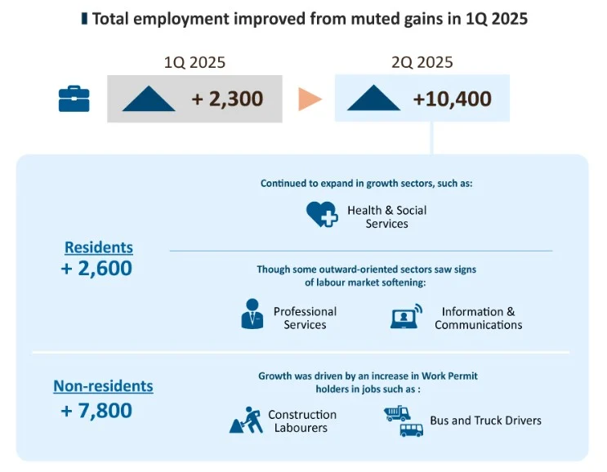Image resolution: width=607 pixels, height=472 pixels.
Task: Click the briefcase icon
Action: (x=74, y=99)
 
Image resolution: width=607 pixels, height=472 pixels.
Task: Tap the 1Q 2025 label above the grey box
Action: (x=194, y=62)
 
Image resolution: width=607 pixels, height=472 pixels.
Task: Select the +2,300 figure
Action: (x=227, y=100)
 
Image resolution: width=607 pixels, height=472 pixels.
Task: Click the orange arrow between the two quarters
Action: (x=309, y=99)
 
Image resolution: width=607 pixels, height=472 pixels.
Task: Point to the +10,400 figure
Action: (x=452, y=100)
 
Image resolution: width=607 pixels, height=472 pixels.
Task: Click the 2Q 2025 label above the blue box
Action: (x=422, y=62)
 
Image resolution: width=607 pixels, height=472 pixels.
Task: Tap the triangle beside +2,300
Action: (x=149, y=99)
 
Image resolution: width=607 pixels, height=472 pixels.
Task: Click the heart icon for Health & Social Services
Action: (x=322, y=215)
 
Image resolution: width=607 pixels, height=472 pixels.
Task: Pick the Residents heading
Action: (x=98, y=247)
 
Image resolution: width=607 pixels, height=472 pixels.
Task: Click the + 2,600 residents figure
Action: (x=96, y=268)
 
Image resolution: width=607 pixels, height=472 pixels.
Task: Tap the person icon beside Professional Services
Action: (x=252, y=314)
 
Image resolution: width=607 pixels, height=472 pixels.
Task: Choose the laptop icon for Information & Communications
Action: (x=406, y=317)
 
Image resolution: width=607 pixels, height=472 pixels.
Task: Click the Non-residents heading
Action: (x=103, y=386)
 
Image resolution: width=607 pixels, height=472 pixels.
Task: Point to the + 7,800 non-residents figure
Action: (x=96, y=410)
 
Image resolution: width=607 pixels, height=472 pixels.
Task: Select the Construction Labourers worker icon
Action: (x=246, y=421)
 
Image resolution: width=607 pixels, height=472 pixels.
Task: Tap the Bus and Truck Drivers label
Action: (x=485, y=421)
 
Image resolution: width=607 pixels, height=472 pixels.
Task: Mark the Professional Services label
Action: (x=305, y=318)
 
